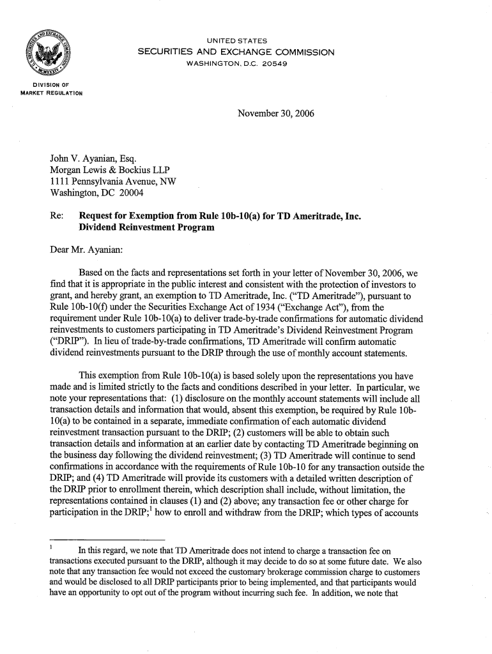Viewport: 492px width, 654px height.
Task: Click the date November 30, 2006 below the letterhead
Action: pos(275,114)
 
